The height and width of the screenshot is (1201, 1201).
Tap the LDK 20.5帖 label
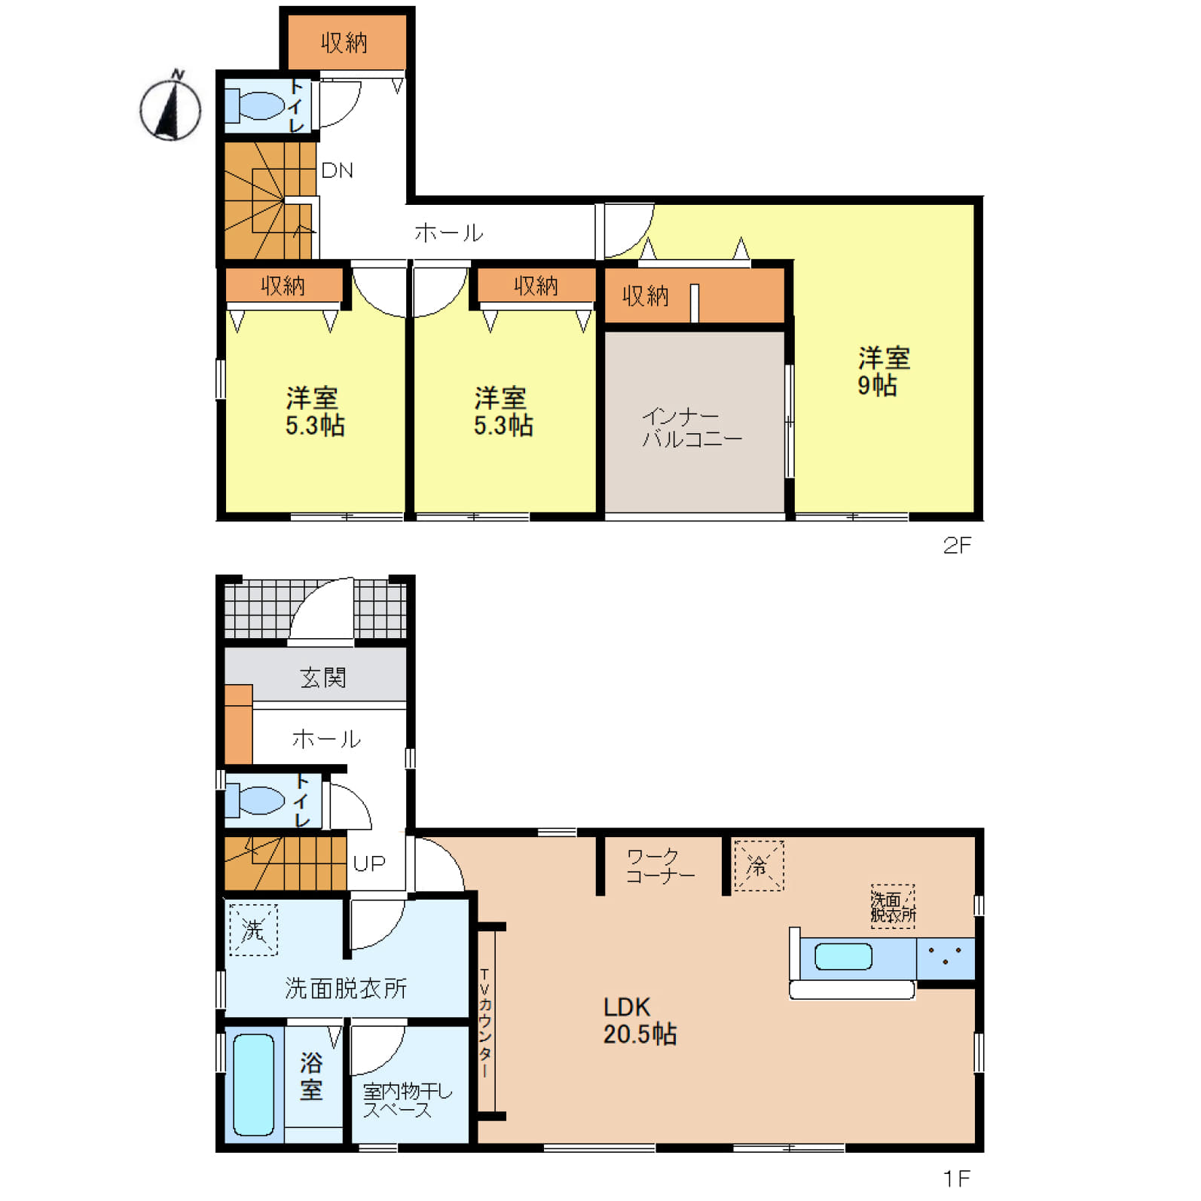coord(640,1021)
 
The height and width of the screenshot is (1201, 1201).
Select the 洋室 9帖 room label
coord(883,371)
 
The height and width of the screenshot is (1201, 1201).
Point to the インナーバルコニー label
coord(692,427)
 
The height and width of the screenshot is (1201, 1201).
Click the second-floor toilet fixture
coord(255,106)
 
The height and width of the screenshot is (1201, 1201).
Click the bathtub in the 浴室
coord(253,1084)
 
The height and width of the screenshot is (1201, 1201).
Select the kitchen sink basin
coord(843,957)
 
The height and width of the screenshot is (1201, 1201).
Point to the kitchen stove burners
coord(946,958)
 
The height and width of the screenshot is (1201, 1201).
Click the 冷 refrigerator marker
coord(759,865)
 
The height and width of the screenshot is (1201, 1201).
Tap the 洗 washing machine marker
coord(253,930)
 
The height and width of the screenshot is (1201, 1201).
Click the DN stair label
coord(337,170)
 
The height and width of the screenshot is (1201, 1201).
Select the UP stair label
coord(369,863)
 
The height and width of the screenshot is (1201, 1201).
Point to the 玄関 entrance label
coord(323,677)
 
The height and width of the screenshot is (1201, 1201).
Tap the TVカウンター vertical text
coord(484,1022)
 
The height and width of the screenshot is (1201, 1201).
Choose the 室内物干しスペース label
coord(407,1100)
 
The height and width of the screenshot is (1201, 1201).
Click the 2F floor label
coord(957,545)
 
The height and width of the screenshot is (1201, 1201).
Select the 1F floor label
coord(957,1178)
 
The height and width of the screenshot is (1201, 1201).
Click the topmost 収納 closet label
coord(344,43)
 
